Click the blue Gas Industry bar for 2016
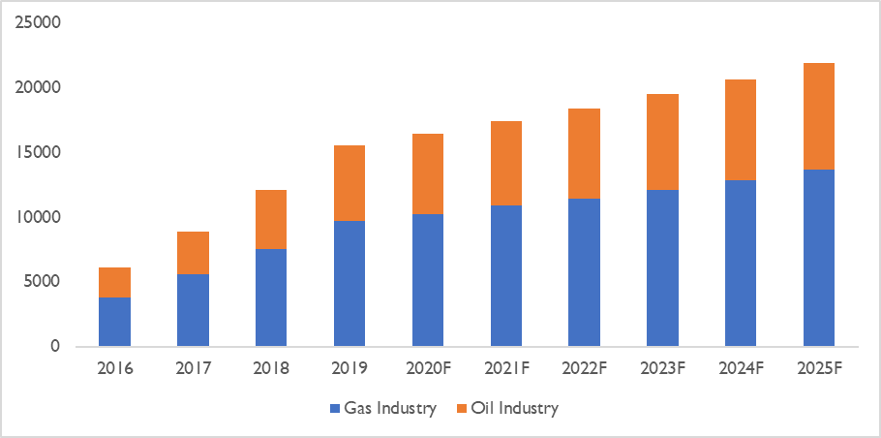[114, 322]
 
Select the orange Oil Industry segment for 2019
[349, 183]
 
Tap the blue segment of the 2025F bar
[818, 258]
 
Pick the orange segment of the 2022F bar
[584, 153]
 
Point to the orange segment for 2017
[193, 253]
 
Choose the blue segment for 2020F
[427, 280]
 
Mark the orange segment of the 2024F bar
[740, 130]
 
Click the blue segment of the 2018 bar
[270, 297]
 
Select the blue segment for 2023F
[661, 267]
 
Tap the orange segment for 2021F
[505, 163]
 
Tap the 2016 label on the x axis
[114, 369]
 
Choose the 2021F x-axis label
[505, 369]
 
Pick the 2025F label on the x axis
[818, 369]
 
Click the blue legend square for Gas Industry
[335, 409]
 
